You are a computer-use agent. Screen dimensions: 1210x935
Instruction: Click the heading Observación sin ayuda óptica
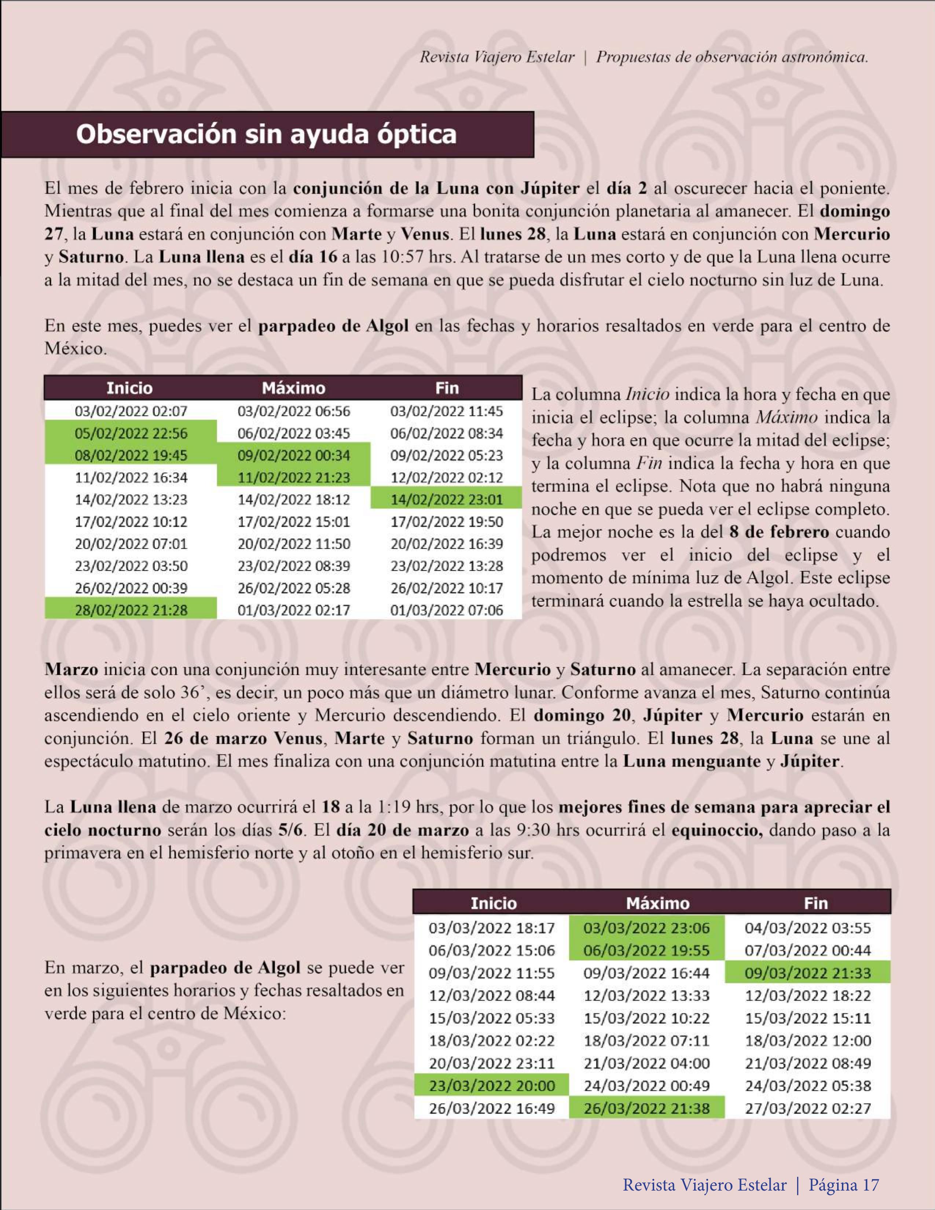(x=266, y=135)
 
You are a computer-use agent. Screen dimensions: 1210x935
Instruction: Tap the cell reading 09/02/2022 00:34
(x=294, y=455)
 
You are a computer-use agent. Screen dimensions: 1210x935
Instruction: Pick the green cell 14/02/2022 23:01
(x=447, y=500)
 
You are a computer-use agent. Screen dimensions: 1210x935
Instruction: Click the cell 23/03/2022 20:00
(x=492, y=1085)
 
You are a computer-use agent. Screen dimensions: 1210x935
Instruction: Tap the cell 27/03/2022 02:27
(x=807, y=1108)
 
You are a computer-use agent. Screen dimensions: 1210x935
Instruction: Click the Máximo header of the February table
(x=294, y=388)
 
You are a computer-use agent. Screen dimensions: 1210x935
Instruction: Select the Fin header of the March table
(x=815, y=904)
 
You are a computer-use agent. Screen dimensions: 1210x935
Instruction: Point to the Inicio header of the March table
(x=493, y=904)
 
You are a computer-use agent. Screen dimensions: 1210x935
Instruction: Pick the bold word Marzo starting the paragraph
(x=71, y=669)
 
